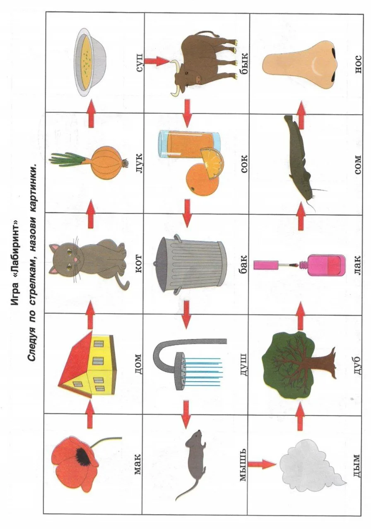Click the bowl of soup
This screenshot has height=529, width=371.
(91, 62)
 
